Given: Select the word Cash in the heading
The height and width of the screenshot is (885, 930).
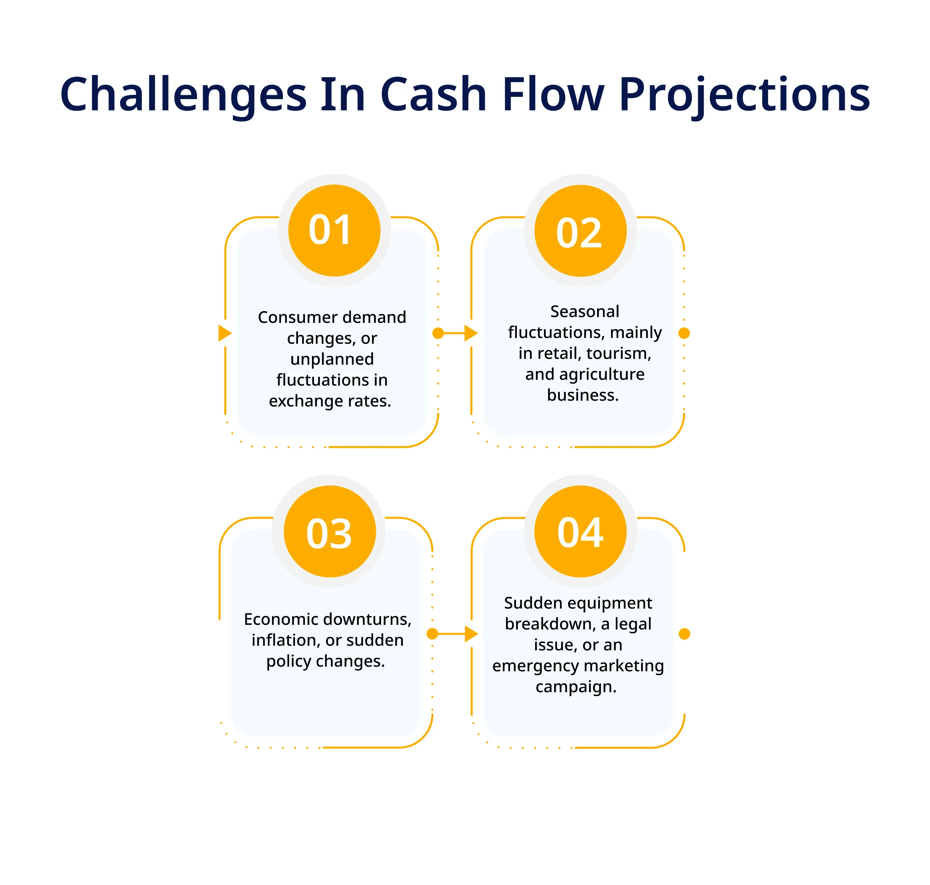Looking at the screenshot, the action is click(433, 94).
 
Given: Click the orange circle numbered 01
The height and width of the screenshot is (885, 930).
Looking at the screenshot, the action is click(334, 231).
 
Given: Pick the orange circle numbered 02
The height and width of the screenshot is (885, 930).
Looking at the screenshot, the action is click(580, 231).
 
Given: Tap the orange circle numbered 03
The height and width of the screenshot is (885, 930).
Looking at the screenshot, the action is click(329, 531).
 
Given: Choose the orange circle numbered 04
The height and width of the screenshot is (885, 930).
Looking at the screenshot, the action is click(580, 531).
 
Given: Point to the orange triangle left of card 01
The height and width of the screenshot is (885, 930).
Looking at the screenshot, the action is click(225, 333).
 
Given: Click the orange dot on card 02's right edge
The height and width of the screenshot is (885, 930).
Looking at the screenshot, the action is click(684, 333).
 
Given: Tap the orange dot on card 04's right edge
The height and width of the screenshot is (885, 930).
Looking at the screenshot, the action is click(684, 634).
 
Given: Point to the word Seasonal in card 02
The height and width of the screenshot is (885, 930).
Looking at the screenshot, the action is click(584, 311).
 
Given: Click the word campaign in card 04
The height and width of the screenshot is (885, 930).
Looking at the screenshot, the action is click(576, 687).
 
